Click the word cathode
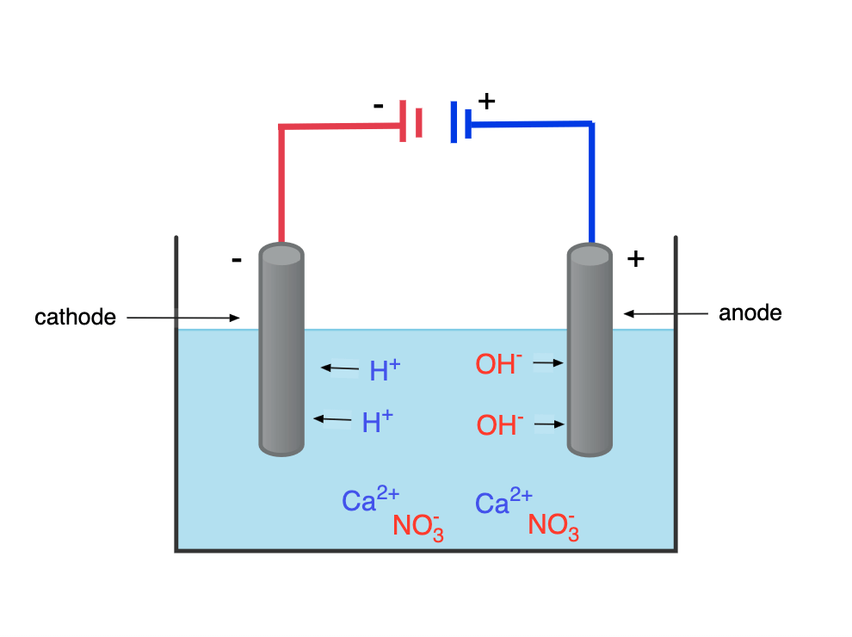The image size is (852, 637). point(75,318)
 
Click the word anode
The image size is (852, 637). point(750,313)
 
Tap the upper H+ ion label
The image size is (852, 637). point(384,370)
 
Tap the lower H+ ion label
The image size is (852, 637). point(377,422)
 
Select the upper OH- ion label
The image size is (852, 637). point(498,364)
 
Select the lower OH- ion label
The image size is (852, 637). point(500,424)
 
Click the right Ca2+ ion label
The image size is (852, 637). point(503,502)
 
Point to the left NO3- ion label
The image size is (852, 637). point(418,526)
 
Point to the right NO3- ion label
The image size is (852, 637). point(553,526)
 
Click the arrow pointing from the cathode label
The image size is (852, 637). point(182,318)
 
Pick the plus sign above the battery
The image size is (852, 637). point(486,101)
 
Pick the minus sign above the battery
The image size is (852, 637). point(378,106)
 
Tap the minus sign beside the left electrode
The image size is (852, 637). point(237,259)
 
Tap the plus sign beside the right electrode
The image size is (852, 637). point(635,259)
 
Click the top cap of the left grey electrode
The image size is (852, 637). point(281,254)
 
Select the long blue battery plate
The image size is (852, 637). point(453,122)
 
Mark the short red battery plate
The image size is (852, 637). point(418,123)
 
